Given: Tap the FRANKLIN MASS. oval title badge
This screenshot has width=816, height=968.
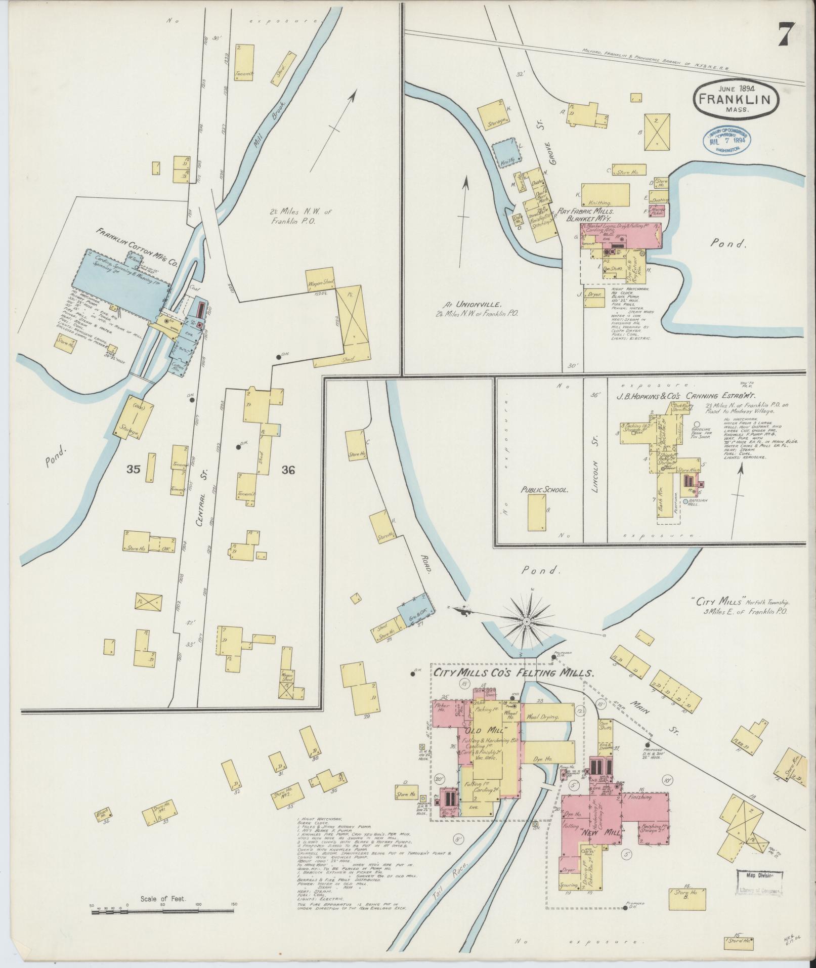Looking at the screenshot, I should [735, 100].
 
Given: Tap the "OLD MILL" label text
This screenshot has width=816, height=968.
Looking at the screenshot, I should [484, 730].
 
